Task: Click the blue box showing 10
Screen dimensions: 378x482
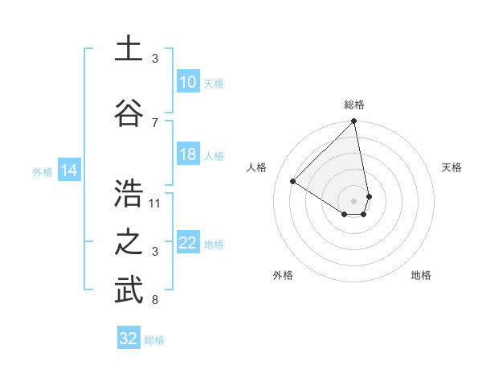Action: [187, 82]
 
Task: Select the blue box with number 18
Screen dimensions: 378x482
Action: [187, 155]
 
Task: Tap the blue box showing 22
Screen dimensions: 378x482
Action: [187, 244]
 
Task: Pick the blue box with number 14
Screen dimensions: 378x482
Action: [69, 171]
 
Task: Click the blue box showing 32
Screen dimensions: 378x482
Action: [129, 339]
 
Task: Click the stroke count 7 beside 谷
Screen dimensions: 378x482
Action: [155, 122]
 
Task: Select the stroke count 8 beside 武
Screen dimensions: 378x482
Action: [155, 301]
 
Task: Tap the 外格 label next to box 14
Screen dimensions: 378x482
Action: [42, 171]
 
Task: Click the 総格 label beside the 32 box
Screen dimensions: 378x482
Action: [154, 340]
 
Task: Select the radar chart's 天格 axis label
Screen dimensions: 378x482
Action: [452, 167]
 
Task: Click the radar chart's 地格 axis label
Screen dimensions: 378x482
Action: [421, 275]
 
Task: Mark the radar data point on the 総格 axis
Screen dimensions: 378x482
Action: [354, 122]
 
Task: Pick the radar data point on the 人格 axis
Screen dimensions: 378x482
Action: [293, 181]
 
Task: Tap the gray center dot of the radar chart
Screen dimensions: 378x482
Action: [354, 200]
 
